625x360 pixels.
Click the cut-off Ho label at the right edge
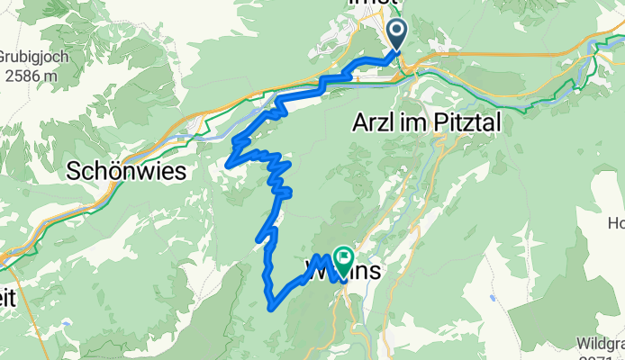[x=616, y=222]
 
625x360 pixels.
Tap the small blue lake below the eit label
[x=66, y=321]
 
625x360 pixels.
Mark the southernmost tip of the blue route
[x=271, y=308]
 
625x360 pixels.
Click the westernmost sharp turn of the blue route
[x=229, y=165]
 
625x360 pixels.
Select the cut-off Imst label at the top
[x=373, y=4]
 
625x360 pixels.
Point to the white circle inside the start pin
[x=398, y=31]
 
